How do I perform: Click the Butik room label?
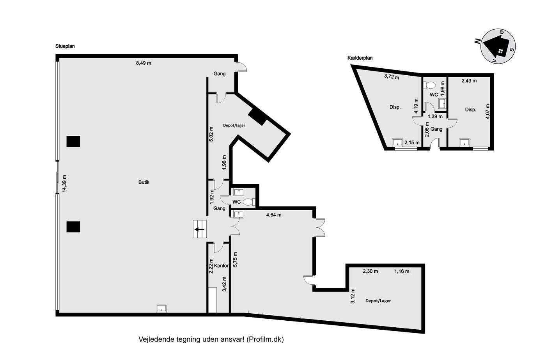pyautogui.click(x=144, y=182)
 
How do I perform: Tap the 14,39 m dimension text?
pyautogui.click(x=64, y=184)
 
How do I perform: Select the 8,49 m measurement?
pyautogui.click(x=144, y=63)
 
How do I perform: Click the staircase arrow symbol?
pyautogui.click(x=199, y=229)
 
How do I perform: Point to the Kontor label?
pyautogui.click(x=222, y=266)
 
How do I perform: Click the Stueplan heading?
pyautogui.click(x=65, y=46)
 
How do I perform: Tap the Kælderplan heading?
pyautogui.click(x=360, y=58)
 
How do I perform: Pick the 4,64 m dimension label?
pyautogui.click(x=274, y=215)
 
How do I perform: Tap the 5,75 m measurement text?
pyautogui.click(x=235, y=259)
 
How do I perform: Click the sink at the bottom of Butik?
pyautogui.click(x=161, y=309)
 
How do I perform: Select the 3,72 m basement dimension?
pyautogui.click(x=392, y=76)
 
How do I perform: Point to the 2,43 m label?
pyautogui.click(x=469, y=81)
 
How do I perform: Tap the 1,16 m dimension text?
pyautogui.click(x=402, y=271)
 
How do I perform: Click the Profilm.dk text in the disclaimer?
pyautogui.click(x=265, y=339)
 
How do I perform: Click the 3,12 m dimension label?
pyautogui.click(x=353, y=296)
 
